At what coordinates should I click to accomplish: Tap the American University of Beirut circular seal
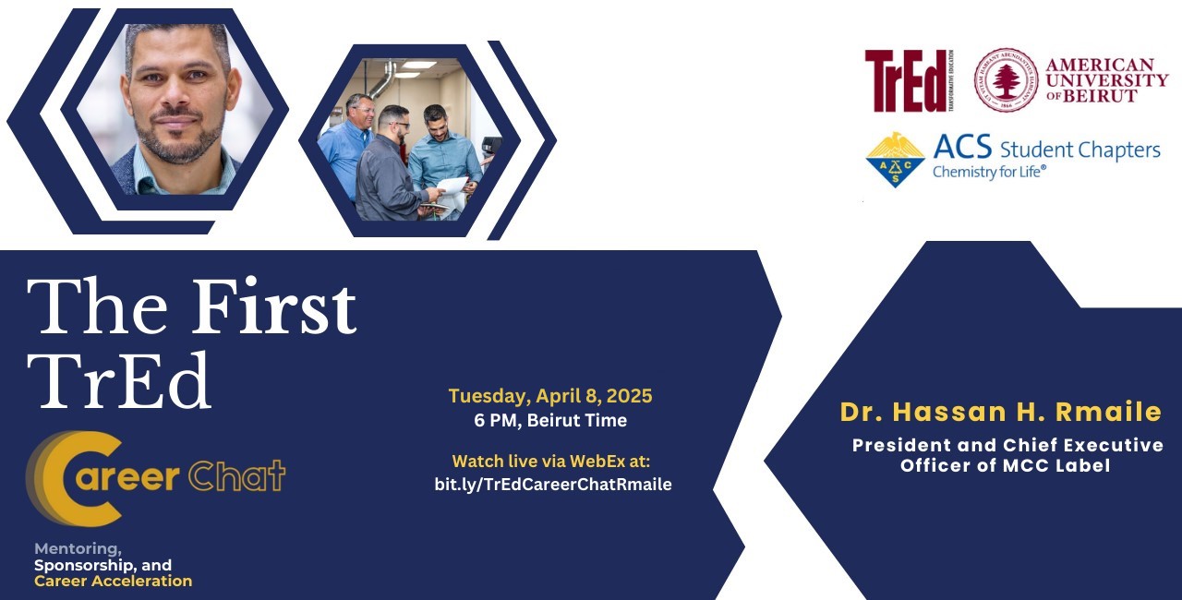click(x=1006, y=79)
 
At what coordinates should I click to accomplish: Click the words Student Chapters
click(x=1080, y=150)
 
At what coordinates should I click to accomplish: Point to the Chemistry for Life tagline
click(x=989, y=172)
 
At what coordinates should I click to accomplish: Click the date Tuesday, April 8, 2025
click(x=550, y=396)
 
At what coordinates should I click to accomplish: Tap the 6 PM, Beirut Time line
click(x=550, y=420)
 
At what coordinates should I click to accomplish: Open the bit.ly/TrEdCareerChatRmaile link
click(x=553, y=484)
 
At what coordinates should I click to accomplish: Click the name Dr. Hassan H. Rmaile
click(x=1000, y=412)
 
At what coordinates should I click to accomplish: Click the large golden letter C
click(x=74, y=478)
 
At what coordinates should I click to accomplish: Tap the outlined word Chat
click(x=237, y=475)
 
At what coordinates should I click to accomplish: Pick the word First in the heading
click(x=274, y=306)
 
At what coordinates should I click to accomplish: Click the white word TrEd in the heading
click(x=119, y=380)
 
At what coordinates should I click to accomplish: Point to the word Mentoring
click(x=78, y=549)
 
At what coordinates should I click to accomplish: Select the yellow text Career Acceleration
click(x=113, y=581)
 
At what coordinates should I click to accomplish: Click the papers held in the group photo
click(x=452, y=188)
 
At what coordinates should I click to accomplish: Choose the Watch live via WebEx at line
click(x=551, y=462)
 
